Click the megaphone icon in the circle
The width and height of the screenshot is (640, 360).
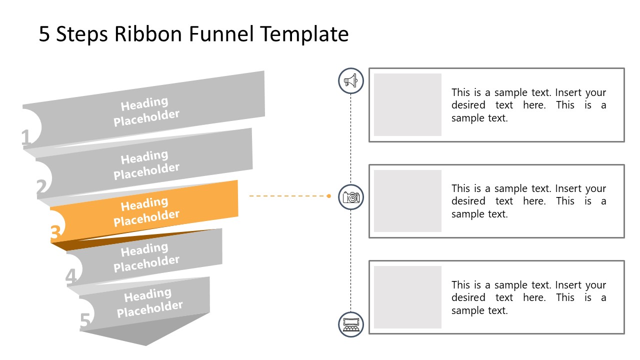click(351, 80)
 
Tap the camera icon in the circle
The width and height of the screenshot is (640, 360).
click(351, 197)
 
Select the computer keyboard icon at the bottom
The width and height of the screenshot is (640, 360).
click(351, 324)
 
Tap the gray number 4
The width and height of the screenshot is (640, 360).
click(71, 277)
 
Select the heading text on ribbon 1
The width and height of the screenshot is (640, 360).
click(145, 111)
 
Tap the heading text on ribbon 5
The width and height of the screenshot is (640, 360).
click(149, 302)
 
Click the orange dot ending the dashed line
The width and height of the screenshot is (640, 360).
click(328, 196)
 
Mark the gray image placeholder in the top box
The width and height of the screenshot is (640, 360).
click(407, 104)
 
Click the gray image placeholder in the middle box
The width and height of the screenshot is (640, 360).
click(407, 201)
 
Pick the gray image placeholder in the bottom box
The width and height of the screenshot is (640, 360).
click(407, 297)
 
